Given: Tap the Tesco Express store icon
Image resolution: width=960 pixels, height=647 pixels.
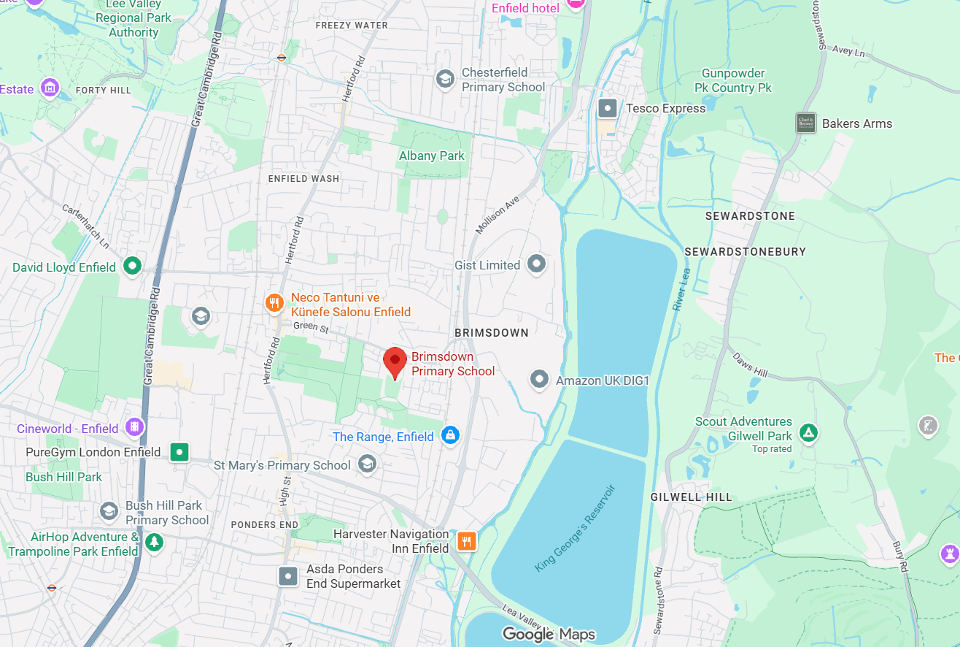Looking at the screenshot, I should (x=607, y=109).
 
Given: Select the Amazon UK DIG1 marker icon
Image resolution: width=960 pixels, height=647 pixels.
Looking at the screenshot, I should (x=539, y=379).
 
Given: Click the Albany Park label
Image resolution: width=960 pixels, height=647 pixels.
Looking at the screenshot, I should (x=431, y=156).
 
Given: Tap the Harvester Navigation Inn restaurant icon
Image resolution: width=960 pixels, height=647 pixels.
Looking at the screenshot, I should (x=466, y=541).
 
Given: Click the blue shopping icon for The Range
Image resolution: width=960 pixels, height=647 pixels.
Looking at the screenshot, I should (x=450, y=436).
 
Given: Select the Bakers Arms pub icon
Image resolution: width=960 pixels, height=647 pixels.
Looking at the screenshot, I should (x=805, y=123).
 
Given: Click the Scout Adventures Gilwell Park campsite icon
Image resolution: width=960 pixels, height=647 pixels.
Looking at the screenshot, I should (x=808, y=432).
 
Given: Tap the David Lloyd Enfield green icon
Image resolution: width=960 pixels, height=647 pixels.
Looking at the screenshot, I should (x=132, y=266).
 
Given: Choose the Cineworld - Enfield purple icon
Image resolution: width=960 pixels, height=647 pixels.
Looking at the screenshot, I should (x=134, y=427).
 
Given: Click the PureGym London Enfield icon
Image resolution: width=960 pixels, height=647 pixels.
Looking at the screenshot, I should (x=179, y=452).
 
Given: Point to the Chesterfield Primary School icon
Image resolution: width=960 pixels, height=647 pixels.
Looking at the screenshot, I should (x=444, y=79).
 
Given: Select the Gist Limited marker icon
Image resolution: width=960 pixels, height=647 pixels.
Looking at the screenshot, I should (x=537, y=264).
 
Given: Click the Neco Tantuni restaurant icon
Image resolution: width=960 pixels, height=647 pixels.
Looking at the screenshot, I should (x=274, y=302).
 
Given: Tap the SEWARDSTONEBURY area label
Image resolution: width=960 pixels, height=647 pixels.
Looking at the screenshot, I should (x=745, y=251).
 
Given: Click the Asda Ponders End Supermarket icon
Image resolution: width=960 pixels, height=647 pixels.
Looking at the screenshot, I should (x=289, y=576).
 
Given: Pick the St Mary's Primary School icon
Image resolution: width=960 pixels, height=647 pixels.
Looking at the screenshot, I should (x=367, y=464).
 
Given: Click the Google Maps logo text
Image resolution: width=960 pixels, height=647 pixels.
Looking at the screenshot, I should (x=549, y=634).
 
